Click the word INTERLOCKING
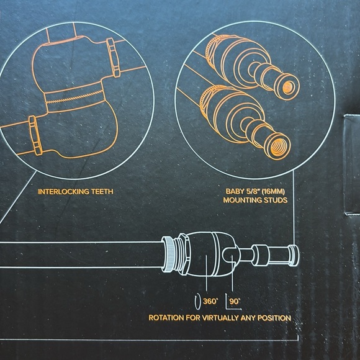[63, 191]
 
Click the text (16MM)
[273, 191]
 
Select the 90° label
[235, 301]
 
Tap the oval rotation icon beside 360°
[197, 302]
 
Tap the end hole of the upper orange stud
[288, 88]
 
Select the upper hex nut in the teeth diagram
[114, 57]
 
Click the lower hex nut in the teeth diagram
[35, 135]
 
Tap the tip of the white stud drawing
[297, 256]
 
